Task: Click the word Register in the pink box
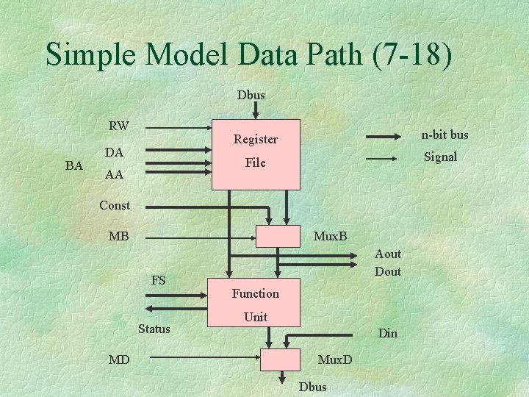(x=255, y=139)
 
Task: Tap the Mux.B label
(x=330, y=237)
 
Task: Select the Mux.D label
(x=335, y=360)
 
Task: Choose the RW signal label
(x=119, y=126)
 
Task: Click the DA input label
(x=114, y=152)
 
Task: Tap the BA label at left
(x=74, y=165)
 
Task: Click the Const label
(x=115, y=205)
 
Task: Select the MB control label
(x=118, y=237)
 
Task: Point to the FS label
(x=158, y=280)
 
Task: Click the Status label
(x=154, y=329)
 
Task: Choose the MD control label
(x=120, y=360)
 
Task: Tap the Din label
(x=387, y=333)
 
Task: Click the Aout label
(x=388, y=254)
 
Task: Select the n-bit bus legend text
(x=445, y=135)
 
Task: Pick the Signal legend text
(x=441, y=157)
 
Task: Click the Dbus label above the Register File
(x=251, y=95)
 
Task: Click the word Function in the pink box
(x=256, y=293)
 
